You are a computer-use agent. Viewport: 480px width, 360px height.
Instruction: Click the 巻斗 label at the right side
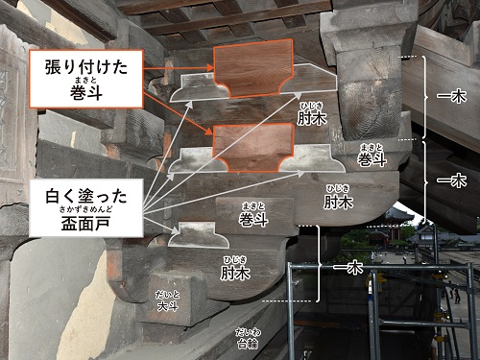(x=372, y=157)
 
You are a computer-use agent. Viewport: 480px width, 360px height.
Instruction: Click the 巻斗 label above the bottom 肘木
(x=253, y=222)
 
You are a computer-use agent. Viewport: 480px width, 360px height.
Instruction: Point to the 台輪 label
(x=247, y=337)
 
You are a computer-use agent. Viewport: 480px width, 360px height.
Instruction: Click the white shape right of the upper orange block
(x=304, y=81)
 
